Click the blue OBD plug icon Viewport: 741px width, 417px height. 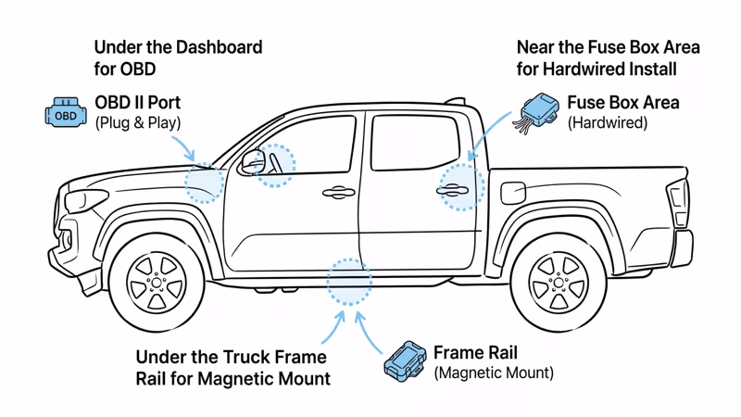tap(65, 114)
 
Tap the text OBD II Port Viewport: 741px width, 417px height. tap(138, 102)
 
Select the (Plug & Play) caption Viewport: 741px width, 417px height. tap(138, 122)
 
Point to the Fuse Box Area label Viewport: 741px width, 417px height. tap(622, 102)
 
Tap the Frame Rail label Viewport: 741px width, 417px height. tap(475, 352)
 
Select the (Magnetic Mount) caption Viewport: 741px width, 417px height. tap(494, 373)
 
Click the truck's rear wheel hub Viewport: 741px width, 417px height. tap(557, 281)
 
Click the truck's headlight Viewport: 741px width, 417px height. tap(86, 199)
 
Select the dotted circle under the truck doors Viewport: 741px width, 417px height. tap(349, 283)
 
